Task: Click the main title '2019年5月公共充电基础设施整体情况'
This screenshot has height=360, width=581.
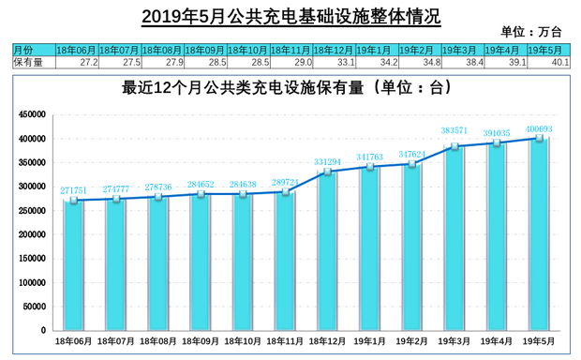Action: (290, 16)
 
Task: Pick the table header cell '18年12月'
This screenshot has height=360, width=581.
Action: (333, 49)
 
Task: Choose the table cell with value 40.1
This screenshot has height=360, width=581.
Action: (547, 62)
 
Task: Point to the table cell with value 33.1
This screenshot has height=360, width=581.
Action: (333, 62)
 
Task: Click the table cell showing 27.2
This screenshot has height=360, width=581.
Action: (76, 62)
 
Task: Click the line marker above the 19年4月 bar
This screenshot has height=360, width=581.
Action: (497, 143)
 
